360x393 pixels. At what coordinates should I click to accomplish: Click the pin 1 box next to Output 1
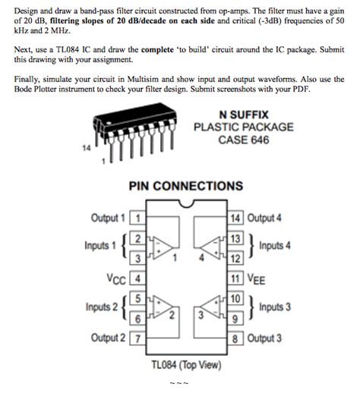point(137,218)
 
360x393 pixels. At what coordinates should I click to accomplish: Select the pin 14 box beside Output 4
point(235,218)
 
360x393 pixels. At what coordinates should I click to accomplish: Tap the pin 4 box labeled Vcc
point(137,278)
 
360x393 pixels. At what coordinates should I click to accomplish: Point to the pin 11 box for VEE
point(235,278)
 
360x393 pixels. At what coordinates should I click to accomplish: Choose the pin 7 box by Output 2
point(137,338)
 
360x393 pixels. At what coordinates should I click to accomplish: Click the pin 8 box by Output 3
point(235,338)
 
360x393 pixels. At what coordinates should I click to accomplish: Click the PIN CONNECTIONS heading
point(186,186)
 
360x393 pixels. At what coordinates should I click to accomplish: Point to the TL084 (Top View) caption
point(186,364)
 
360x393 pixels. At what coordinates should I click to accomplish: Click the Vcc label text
point(118,278)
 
